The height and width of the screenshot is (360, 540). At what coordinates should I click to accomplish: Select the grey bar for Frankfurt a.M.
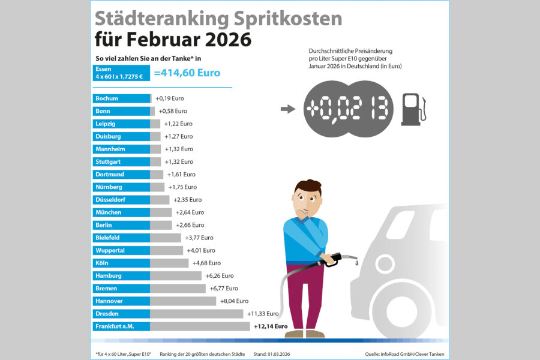[200, 326]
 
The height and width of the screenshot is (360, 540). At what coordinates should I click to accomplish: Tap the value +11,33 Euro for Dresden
[263, 313]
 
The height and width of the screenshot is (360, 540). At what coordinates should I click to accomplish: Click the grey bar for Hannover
[183, 301]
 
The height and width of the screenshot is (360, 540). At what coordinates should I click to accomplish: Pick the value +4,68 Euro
[206, 263]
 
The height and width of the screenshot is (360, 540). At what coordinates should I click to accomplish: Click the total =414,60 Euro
[187, 73]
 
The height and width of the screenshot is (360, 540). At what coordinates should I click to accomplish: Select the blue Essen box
[121, 73]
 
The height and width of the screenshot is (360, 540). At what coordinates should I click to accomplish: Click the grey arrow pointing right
[288, 109]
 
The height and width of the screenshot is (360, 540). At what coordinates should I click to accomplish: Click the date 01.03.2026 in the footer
[282, 355]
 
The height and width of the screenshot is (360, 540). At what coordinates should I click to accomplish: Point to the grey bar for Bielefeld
[166, 238]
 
